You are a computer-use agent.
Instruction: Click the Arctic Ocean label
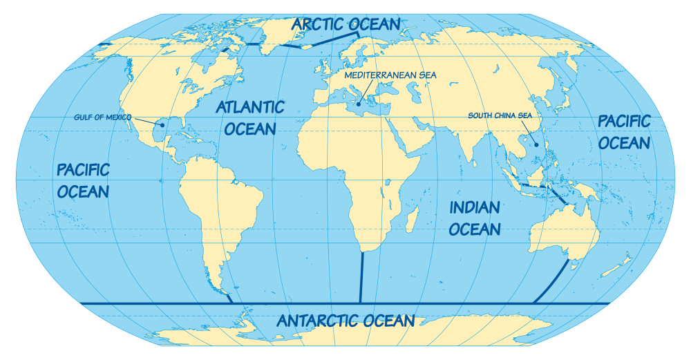[x=345, y=24]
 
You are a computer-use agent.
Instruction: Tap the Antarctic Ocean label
[x=345, y=321]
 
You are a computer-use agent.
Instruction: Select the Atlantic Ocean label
[x=249, y=117]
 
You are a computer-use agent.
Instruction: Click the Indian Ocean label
[x=475, y=218]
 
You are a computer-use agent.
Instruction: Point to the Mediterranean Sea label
[x=390, y=75]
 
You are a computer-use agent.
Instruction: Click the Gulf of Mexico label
[x=102, y=117]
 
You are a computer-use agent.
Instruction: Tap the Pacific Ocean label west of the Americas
[x=83, y=180]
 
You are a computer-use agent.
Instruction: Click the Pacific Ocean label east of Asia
[x=624, y=132]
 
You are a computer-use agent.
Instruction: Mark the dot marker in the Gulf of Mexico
[x=161, y=125]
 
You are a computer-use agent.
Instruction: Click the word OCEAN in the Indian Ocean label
[x=475, y=229]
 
